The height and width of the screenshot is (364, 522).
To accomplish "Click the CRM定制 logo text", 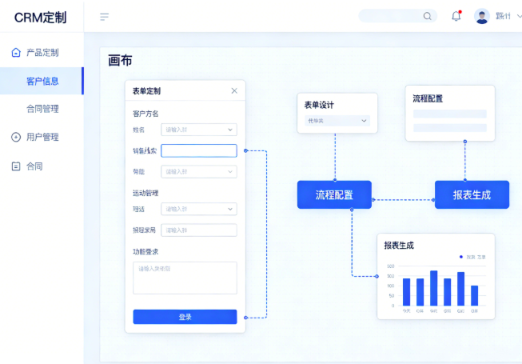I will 40,17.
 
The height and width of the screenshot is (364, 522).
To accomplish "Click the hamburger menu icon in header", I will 104,17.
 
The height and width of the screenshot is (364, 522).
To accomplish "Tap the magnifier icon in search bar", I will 428,16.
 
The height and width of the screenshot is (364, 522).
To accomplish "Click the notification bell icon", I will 456,16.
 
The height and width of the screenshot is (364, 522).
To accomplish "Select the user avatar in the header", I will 481,16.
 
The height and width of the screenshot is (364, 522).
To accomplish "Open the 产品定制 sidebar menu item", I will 42,53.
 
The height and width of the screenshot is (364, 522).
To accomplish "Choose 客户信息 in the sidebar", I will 42,81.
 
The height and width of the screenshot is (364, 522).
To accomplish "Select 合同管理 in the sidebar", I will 42,109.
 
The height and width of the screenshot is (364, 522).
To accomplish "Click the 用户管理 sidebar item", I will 42,137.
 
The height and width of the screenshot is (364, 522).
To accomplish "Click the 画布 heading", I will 120,61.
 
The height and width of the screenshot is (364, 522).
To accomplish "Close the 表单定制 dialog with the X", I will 234,91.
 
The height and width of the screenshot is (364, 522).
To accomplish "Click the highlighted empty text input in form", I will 198,150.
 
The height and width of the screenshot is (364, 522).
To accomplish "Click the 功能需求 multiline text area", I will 185,278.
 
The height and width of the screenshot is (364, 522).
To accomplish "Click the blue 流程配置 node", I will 334,194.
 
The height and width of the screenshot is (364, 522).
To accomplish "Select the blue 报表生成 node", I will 472,194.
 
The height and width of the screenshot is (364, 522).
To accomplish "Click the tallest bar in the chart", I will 434,288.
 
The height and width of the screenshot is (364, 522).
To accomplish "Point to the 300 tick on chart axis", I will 391,276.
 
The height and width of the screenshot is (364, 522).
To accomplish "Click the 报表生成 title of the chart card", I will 399,246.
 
